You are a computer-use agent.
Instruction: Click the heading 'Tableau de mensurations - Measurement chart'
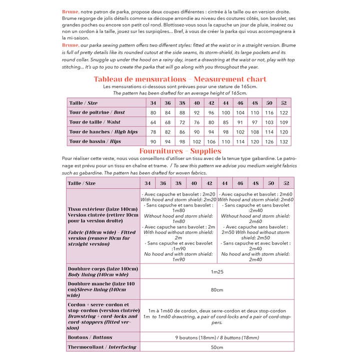coord(180,79)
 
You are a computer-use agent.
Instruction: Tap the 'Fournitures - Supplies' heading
coord(180,151)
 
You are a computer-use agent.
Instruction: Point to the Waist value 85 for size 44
coord(225,122)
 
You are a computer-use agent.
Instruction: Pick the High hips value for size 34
coord(153,131)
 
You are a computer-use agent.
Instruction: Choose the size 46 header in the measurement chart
coord(240,102)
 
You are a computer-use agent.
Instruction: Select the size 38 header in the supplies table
coord(178,183)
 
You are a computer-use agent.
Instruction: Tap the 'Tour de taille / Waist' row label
coord(95,122)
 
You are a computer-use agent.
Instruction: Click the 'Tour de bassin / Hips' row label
coord(95,141)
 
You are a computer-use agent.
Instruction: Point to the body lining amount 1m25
coord(216,271)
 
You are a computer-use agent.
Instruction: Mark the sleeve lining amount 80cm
coord(216,289)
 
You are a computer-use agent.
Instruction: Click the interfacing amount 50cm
coord(216,347)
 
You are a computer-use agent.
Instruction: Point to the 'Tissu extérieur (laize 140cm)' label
coord(102,208)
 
